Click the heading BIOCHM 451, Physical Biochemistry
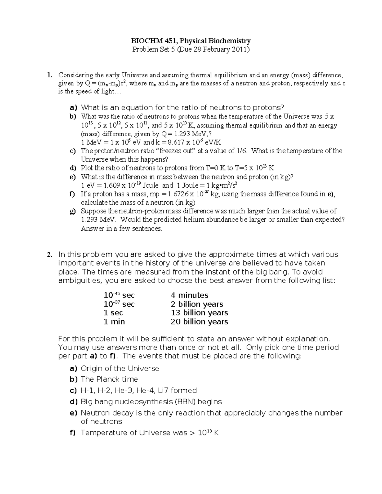[191, 41]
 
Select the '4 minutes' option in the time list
[189, 295]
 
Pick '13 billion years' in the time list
[199, 313]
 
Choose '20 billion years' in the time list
[199, 322]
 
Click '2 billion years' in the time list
[197, 304]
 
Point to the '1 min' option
[114, 322]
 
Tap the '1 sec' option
[113, 313]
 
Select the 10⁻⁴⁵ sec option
[119, 295]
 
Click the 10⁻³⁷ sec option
[119, 304]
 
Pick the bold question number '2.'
[49, 254]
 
